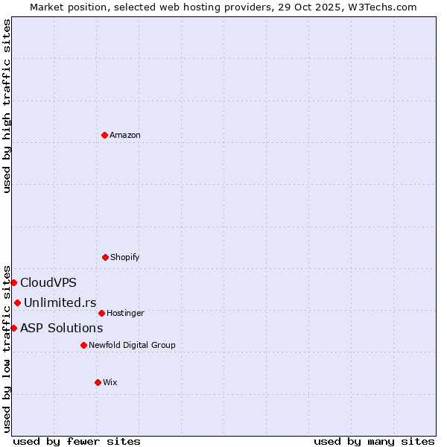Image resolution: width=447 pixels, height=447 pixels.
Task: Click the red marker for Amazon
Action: coord(105,135)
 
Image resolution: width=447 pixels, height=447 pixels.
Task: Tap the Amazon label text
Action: coord(125,135)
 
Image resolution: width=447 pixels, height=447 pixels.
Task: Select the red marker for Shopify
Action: coord(105,257)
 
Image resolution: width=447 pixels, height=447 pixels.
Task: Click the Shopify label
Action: coord(124,257)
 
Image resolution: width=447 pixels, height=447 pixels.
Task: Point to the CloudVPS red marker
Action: coord(13,282)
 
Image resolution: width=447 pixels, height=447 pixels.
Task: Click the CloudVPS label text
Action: coord(48,282)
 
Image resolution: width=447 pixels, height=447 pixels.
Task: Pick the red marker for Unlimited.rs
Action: coord(17,302)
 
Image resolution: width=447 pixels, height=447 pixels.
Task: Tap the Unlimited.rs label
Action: coord(60,302)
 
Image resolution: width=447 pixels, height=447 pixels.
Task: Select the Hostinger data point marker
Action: coord(101,313)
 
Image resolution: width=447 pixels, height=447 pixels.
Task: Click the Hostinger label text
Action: coord(125,313)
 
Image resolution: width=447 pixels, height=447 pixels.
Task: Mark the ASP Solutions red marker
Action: coord(13,328)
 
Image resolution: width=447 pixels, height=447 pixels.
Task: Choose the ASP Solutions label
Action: coord(62,328)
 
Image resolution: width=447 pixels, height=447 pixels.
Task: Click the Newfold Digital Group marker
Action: coord(83,345)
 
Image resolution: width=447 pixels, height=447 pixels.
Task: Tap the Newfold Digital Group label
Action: coord(132,345)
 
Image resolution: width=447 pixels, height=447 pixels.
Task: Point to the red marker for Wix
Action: coord(98,382)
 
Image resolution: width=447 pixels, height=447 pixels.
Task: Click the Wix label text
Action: coord(110,382)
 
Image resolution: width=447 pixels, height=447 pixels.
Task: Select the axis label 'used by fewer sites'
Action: coord(77,441)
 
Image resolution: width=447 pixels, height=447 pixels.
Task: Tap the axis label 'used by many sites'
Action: coord(374,441)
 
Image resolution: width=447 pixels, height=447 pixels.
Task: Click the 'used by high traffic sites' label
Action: coord(7,106)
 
